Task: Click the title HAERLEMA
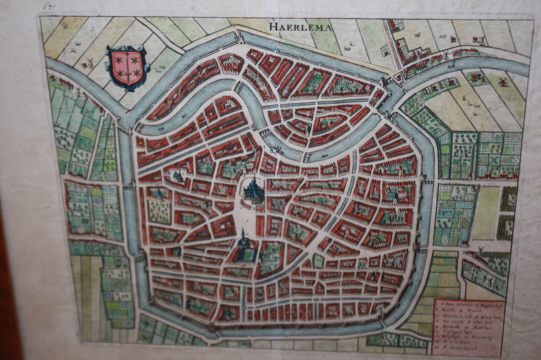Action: (x=301, y=26)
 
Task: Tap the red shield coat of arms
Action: (x=127, y=67)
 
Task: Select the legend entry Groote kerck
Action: (x=457, y=317)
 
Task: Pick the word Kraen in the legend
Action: (x=474, y=311)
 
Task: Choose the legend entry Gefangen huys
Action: (x=458, y=333)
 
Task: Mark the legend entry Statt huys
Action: (x=483, y=328)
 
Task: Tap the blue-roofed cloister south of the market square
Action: (x=245, y=250)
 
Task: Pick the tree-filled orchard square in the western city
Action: (x=158, y=210)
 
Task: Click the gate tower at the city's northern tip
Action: (x=239, y=36)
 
